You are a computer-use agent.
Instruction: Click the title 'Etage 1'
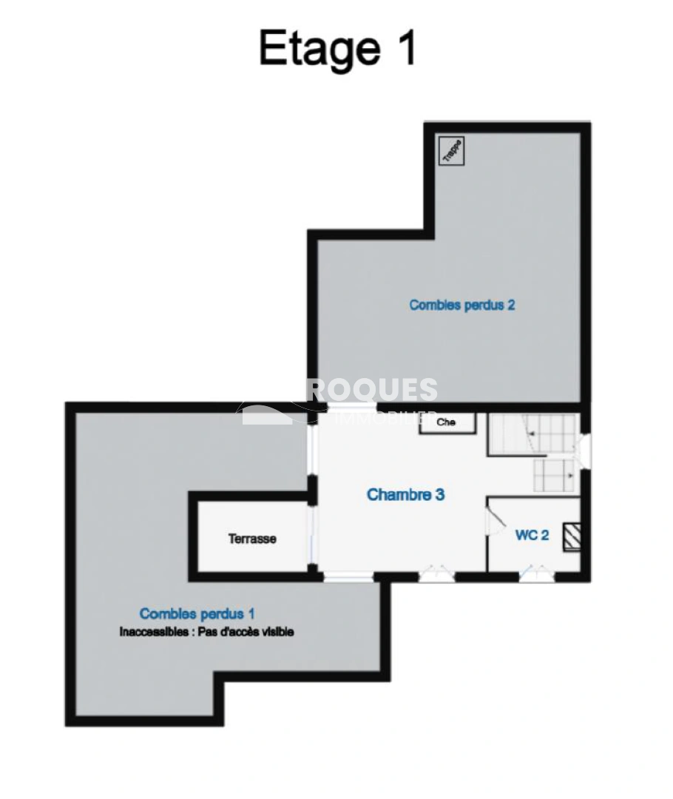[x=337, y=49]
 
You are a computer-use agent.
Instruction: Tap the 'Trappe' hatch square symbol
[x=451, y=151]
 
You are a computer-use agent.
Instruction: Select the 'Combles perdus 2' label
[x=461, y=304]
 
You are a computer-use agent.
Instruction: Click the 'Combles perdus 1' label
[x=197, y=613]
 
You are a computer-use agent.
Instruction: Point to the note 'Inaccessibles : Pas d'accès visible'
[x=206, y=632]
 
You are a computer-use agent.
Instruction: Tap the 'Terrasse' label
[x=252, y=539]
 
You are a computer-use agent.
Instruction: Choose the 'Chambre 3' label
[x=405, y=494]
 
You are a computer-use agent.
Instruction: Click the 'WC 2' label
[x=532, y=535]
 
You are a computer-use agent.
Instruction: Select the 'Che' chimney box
[x=447, y=422]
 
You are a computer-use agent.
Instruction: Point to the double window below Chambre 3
[x=436, y=573]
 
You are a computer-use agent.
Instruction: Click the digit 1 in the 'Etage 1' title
[x=405, y=49]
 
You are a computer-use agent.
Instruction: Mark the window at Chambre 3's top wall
[x=348, y=408]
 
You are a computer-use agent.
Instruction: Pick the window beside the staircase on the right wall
[x=584, y=451]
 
